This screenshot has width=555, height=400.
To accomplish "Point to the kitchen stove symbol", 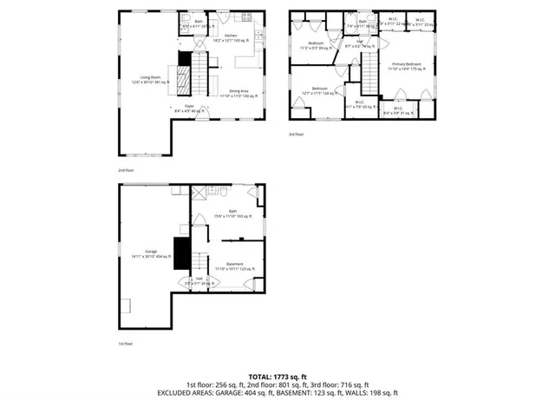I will pyautogui.click(x=246, y=17).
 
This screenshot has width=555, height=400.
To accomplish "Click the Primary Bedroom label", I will pyautogui.click(x=406, y=66).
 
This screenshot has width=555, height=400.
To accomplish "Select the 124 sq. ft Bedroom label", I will pyautogui.click(x=320, y=90).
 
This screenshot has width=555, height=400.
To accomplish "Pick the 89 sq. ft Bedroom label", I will pyautogui.click(x=316, y=45).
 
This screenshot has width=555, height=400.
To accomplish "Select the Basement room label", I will pyautogui.click(x=234, y=266).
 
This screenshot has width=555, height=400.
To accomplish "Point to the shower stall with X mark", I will pyautogui.click(x=198, y=194).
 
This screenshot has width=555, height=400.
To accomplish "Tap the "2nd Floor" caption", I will pyautogui.click(x=127, y=170).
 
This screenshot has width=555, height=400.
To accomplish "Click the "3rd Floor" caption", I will pyautogui.click(x=297, y=134).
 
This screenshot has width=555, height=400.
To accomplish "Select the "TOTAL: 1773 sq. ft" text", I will pyautogui.click(x=277, y=375).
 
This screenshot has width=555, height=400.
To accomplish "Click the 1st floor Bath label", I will pyautogui.click(x=232, y=213).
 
